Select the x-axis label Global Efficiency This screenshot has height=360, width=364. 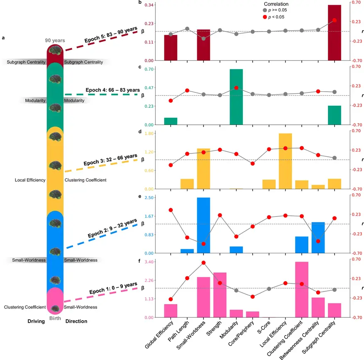coord(158,334)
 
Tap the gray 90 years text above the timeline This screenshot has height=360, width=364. coord(55,40)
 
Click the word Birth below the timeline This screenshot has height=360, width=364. coord(55,318)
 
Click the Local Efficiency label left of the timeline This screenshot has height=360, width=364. coord(30,180)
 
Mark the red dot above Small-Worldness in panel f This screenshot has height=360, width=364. coord(203,263)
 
